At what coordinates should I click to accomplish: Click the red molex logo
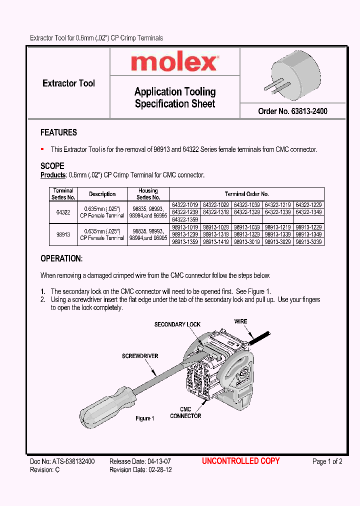pos(174,62)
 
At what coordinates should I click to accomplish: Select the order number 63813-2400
pos(292,111)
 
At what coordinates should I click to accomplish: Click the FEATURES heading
pos(58,132)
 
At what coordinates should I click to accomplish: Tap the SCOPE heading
pos(52,166)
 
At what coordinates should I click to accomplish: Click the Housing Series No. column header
pos(148,194)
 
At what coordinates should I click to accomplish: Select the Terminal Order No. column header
pos(247,194)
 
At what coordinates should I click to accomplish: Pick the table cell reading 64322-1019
pos(185,205)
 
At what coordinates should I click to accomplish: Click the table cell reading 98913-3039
pos(308,242)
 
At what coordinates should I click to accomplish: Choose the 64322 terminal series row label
pos(63,212)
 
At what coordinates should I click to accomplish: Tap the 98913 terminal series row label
pos(63,234)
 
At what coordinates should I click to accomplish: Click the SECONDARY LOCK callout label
pos(177,324)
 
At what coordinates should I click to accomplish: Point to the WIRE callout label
pos(240,321)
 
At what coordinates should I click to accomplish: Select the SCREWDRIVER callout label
pos(140,356)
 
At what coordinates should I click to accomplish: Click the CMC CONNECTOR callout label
pos(185,413)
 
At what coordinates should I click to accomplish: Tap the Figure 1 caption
pos(145,418)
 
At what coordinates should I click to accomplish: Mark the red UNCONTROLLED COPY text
pos(240,461)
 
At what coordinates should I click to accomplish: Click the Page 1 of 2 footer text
pos(327,461)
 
